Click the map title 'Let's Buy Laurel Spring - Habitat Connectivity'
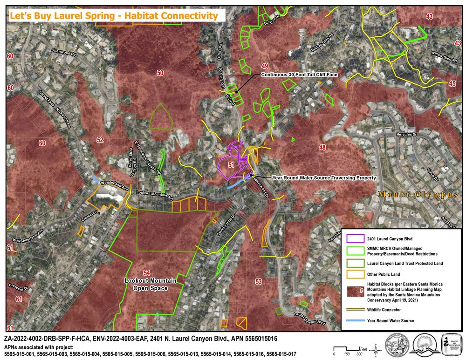coord(114,15)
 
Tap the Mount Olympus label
coord(418,195)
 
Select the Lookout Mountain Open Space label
coord(146,284)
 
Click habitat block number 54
coord(147,272)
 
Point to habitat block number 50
coord(160,73)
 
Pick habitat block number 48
coord(322,148)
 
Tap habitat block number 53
coord(259,281)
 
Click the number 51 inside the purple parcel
coord(231,164)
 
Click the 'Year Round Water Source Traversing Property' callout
coord(317,178)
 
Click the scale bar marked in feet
coord(347,349)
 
